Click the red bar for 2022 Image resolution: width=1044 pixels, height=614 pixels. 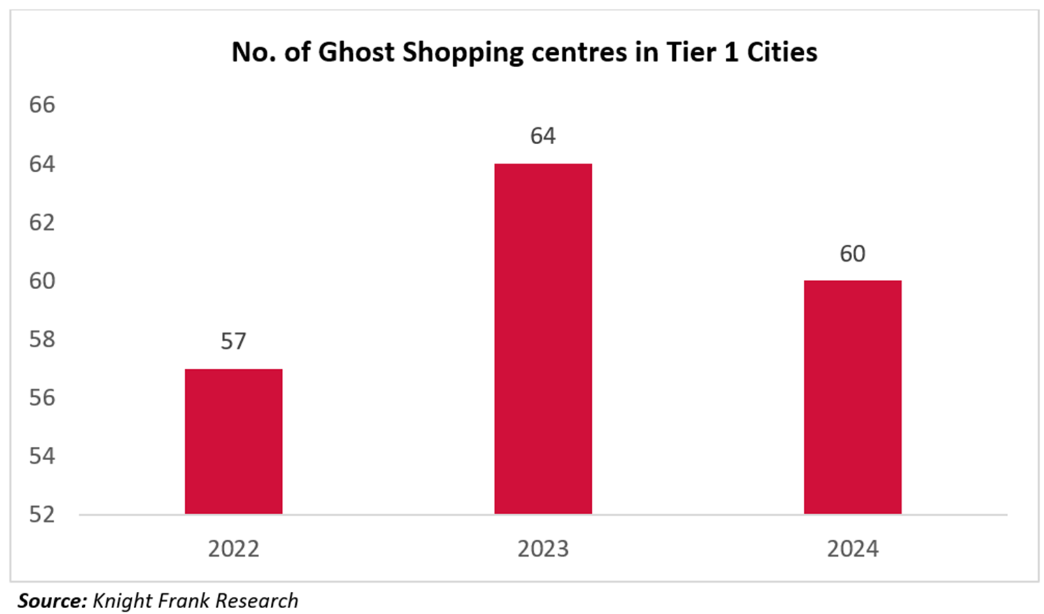[x=234, y=442]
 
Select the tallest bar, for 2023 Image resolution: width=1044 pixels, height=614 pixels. [x=543, y=339]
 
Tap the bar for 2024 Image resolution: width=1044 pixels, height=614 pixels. [x=852, y=397]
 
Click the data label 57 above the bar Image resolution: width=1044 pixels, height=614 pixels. [x=234, y=341]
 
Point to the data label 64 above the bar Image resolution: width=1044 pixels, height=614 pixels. [x=543, y=136]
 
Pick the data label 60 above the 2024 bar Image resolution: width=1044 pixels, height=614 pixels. [x=852, y=253]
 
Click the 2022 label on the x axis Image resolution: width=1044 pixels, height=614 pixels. [x=234, y=549]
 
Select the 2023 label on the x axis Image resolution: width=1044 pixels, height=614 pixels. [x=543, y=549]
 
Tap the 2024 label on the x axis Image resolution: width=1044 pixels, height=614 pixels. [x=852, y=549]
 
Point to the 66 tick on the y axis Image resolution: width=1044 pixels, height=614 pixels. [x=42, y=105]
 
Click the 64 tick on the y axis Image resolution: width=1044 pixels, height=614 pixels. [x=42, y=164]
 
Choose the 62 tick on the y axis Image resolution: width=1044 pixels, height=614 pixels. [x=42, y=223]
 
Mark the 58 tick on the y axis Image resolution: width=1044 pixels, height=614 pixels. [x=42, y=339]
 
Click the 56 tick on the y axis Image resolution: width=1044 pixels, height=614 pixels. [x=42, y=397]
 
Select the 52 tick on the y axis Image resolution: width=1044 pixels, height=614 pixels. [x=42, y=514]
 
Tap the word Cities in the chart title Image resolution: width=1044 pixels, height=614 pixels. [x=782, y=52]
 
